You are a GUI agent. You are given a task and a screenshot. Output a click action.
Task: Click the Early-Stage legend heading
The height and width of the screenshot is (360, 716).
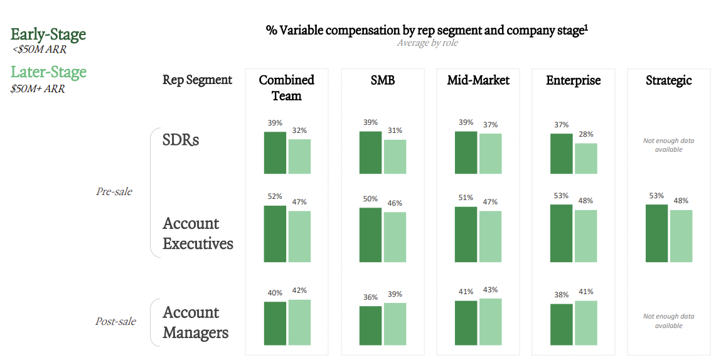48,34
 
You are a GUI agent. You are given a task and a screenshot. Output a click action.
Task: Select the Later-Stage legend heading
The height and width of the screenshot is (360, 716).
48,72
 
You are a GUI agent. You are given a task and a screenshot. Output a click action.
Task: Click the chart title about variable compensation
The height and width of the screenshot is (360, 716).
427,30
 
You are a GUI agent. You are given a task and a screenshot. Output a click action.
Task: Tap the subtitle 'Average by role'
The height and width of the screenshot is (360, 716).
427,43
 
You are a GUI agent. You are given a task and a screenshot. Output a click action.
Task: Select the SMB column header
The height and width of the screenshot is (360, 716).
382,80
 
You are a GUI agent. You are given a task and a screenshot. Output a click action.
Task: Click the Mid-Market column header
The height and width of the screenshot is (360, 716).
478,80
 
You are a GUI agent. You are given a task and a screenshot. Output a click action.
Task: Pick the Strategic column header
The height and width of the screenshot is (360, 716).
669,80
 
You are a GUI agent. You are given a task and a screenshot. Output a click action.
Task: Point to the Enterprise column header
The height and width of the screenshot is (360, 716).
573,80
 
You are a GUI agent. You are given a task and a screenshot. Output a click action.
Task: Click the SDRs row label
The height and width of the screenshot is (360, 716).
181,140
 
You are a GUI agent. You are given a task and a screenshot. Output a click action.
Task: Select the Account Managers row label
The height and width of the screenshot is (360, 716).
195,322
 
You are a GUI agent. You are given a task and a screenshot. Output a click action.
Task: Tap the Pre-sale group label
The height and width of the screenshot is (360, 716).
114,192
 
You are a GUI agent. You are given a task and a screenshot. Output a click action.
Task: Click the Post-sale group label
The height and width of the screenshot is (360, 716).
115,322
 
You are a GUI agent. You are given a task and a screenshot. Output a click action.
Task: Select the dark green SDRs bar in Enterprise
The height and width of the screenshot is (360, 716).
561,154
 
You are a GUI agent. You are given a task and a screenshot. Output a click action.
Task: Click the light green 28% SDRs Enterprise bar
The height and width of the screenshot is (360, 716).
586,159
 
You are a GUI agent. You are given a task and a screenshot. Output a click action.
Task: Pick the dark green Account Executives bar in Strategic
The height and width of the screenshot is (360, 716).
656,233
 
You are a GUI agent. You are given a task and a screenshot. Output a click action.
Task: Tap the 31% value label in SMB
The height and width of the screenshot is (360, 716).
395,130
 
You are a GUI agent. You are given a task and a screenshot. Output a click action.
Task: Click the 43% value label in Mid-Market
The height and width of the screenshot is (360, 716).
490,290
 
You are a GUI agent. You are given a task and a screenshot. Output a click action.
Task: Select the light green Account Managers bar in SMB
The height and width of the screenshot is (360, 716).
395,324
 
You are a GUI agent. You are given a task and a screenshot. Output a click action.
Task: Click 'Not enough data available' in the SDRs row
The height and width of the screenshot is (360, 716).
668,146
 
